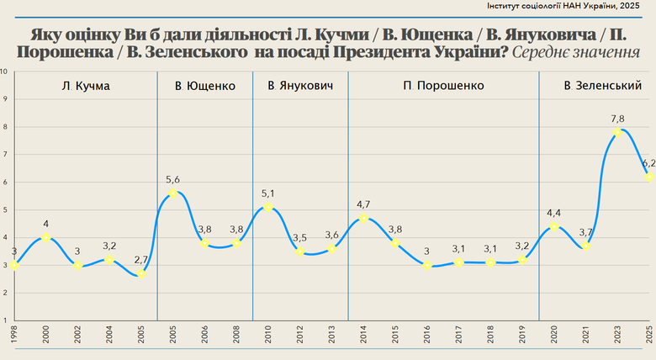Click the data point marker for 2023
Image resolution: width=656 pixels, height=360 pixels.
(617, 132)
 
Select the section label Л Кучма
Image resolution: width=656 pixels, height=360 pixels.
(86, 86)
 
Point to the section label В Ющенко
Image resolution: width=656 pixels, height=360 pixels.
(204, 86)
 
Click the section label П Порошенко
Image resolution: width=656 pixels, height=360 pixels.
(442, 86)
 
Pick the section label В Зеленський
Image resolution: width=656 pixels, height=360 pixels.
(603, 86)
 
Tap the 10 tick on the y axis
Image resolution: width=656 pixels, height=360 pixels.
(5, 71)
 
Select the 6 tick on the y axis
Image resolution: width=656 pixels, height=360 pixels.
(5, 182)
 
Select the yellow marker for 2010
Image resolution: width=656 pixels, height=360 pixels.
(268, 207)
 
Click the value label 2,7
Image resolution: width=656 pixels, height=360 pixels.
(141, 259)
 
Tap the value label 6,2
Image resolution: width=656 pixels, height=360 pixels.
(648, 163)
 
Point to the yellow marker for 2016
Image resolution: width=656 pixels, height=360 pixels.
(427, 265)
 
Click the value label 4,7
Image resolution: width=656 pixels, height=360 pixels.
(364, 204)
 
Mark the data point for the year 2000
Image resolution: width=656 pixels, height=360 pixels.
(45, 237)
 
